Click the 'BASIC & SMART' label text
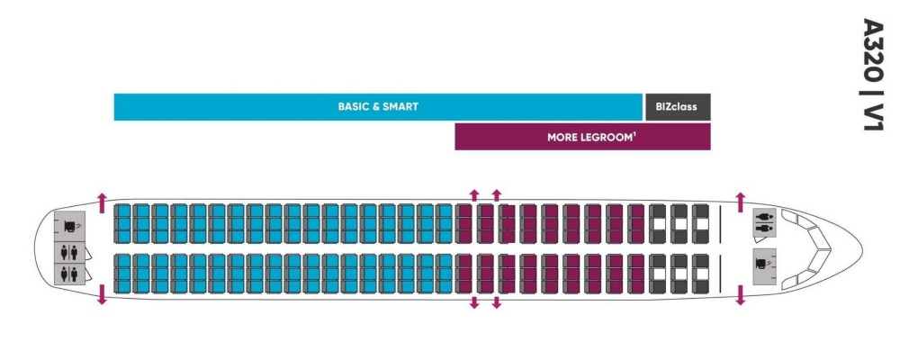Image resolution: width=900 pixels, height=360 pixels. coord(378,106)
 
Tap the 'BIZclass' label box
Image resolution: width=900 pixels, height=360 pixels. coord(677,106)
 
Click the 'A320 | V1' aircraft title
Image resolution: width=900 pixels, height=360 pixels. coord(872,76)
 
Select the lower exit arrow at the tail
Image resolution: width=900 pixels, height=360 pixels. coord(102,293)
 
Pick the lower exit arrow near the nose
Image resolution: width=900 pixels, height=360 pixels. coord(741,293)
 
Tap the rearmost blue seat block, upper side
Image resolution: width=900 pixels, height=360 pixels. coord(122,224)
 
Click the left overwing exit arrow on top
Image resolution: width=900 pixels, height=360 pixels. coord(474,194)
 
